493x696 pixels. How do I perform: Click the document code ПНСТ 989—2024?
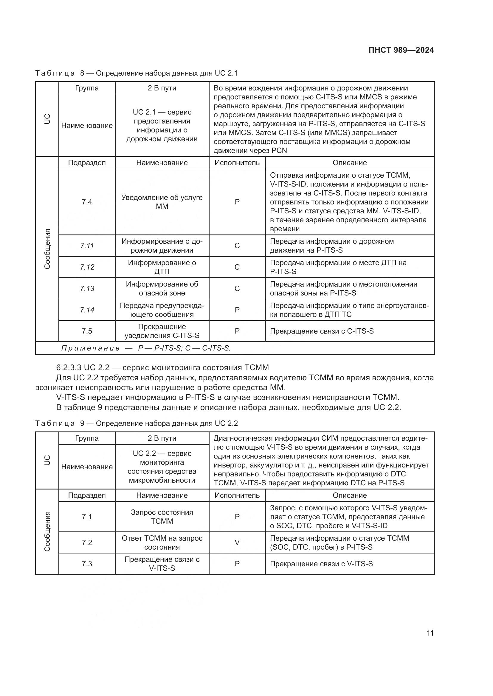coord(401,50)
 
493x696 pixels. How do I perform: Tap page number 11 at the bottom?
coord(430,633)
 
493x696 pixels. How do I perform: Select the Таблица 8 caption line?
coord(136,73)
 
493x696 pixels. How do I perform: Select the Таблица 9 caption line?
coord(136,423)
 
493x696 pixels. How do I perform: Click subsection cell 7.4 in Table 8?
coord(87,202)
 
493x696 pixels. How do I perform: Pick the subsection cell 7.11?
coord(87,245)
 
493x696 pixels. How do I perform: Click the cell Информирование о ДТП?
coord(162,267)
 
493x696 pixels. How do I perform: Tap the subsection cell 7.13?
coord(87,288)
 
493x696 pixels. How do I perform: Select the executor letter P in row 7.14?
coord(237,310)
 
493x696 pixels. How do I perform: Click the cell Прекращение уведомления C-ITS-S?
coord(162,331)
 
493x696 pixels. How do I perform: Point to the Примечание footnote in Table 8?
coord(146,348)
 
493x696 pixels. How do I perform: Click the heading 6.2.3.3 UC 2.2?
coord(162,368)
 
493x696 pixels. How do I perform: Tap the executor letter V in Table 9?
coord(237,543)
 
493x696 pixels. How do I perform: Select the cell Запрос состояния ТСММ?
coord(162,517)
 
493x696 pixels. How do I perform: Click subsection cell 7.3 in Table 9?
coord(87,564)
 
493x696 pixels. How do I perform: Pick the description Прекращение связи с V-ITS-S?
coord(321,564)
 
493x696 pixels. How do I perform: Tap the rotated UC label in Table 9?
coord(47,460)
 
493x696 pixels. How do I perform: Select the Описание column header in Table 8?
coord(350,163)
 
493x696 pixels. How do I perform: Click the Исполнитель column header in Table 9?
coord(237,495)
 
